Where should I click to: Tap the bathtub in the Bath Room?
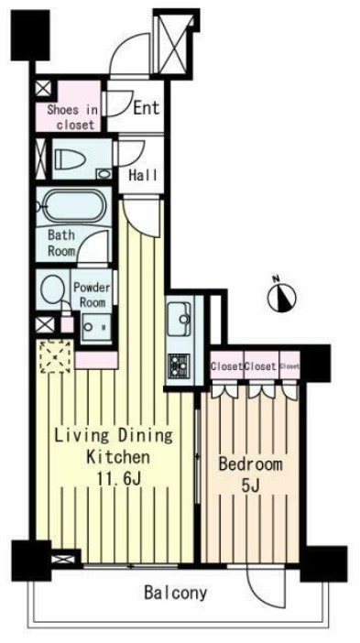pyautogui.click(x=75, y=206)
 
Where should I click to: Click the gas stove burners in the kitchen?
pyautogui.click(x=178, y=365)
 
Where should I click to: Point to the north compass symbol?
pyautogui.click(x=282, y=295)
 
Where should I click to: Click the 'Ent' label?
pyautogui.click(x=147, y=108)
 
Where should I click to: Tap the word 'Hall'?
pyautogui.click(x=143, y=175)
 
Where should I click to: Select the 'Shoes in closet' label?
pyautogui.click(x=72, y=117)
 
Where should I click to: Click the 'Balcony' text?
pyautogui.click(x=175, y=593)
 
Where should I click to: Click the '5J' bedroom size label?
pyautogui.click(x=251, y=485)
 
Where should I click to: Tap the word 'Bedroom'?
pyautogui.click(x=250, y=464)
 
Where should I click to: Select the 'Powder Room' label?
pyautogui.click(x=93, y=295)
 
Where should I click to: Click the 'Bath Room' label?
pyautogui.click(x=61, y=243)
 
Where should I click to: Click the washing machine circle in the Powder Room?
pyautogui.click(x=53, y=289)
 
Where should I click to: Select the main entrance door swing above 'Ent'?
pyautogui.click(x=130, y=54)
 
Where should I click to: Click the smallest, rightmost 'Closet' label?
pyautogui.click(x=289, y=366)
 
